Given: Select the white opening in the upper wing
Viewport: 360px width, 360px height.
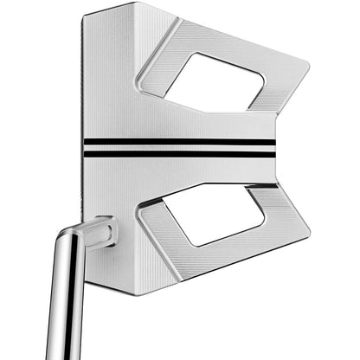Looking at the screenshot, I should point(213,82).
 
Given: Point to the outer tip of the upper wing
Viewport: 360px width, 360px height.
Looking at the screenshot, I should point(306,66).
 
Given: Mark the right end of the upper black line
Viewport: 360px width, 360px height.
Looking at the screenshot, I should point(274,142).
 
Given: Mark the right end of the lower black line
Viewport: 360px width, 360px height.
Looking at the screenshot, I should point(274,155).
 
